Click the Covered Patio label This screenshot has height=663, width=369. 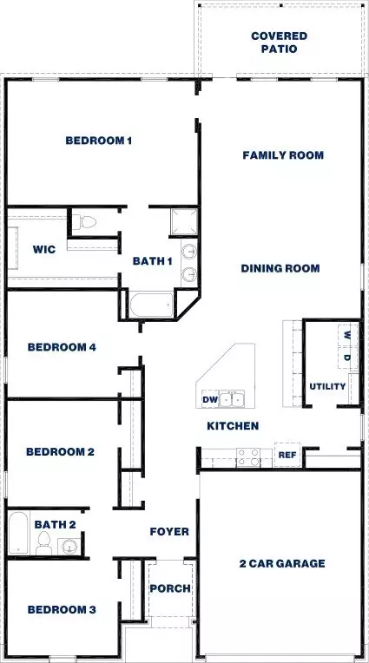(279, 43)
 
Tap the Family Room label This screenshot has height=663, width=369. (283, 155)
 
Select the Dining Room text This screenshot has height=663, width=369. (280, 268)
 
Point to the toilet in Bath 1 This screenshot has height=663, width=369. (84, 221)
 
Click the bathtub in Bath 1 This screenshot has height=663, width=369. (151, 305)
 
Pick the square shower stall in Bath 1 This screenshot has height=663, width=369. (184, 221)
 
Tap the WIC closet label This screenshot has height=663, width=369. (44, 249)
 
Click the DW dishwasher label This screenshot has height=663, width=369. (210, 399)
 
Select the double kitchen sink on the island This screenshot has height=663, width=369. (232, 399)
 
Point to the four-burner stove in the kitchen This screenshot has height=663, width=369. (249, 457)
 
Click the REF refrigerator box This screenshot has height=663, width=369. (287, 455)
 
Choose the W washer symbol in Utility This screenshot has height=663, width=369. (347, 335)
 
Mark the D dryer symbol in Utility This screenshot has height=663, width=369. (347, 358)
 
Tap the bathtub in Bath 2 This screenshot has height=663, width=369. (18, 533)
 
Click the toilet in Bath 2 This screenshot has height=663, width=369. (44, 542)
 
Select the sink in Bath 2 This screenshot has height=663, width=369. (68, 547)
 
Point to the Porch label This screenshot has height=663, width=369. (170, 588)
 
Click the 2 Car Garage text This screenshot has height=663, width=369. (282, 563)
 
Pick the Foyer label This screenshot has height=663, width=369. (169, 531)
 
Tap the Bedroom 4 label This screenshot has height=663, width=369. (62, 347)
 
